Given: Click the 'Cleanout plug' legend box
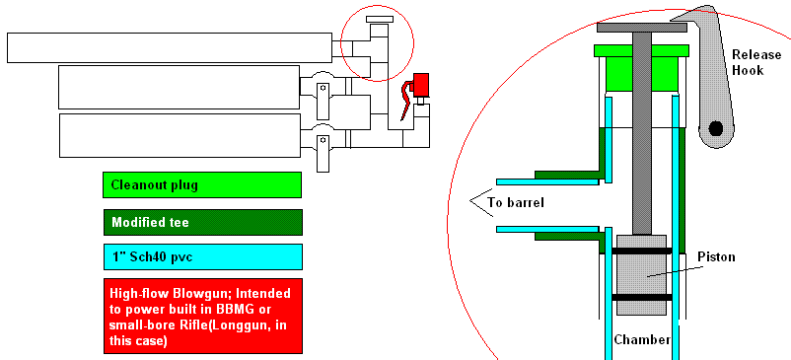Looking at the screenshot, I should pos(202,184).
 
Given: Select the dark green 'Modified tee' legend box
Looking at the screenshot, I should pos(202,222).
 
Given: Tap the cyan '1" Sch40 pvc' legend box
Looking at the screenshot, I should pos(202,257).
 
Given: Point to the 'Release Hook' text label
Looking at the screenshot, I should pos(755,62).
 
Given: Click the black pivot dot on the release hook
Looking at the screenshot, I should pos(715,128).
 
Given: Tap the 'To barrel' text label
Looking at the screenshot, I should pos(517,205).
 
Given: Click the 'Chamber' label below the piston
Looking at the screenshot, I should pos(643,340).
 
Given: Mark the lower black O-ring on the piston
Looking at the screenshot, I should pos(642,297).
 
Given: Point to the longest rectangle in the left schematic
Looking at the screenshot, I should pos(169,46).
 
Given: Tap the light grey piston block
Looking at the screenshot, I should pos(642,276).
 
